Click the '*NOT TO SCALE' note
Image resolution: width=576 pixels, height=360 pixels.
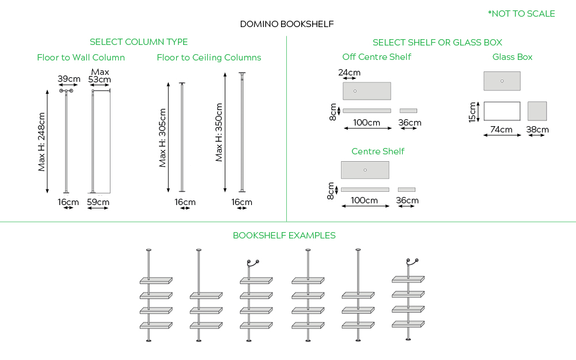click(x=521, y=14)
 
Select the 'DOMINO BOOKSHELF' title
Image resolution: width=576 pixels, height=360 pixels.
click(x=287, y=24)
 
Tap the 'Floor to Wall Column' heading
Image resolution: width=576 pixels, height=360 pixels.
click(x=81, y=58)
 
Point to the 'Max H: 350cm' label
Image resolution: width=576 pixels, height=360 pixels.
click(x=219, y=132)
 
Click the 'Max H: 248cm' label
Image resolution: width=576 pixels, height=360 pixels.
click(x=41, y=141)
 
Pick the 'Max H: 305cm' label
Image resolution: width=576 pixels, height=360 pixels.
click(x=162, y=138)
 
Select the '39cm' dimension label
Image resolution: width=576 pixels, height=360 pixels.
click(x=69, y=79)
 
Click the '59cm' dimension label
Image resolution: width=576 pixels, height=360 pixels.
click(x=98, y=202)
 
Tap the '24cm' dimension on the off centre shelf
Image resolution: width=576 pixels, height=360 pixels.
click(x=349, y=73)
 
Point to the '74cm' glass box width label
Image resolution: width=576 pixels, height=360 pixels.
click(x=502, y=130)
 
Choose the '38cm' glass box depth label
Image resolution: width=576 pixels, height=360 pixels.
click(x=537, y=130)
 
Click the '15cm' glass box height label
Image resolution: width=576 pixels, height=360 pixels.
click(x=472, y=112)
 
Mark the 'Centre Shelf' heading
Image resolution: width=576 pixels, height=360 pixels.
click(x=378, y=151)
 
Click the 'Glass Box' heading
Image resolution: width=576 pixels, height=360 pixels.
click(x=512, y=57)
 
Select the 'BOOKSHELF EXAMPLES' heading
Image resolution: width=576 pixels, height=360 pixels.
click(x=284, y=236)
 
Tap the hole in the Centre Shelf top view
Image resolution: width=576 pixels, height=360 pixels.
click(x=365, y=170)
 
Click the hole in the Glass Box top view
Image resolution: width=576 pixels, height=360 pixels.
click(x=502, y=81)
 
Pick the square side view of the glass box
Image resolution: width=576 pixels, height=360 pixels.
click(x=537, y=111)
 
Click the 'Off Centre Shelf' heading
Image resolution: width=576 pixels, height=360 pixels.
click(x=377, y=57)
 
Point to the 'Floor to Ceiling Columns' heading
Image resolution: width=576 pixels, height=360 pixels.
click(x=209, y=58)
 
